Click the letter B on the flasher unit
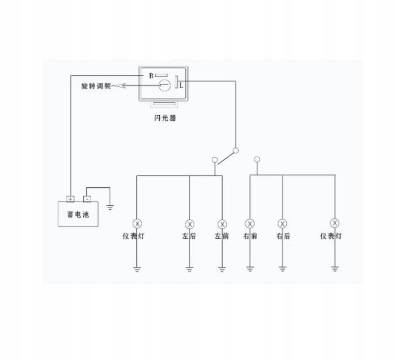point(151,76)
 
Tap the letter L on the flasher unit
point(181,85)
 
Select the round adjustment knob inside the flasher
point(164,85)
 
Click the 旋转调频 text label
point(95,85)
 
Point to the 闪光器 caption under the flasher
point(164,118)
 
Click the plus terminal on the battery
point(71,198)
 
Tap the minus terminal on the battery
point(87,198)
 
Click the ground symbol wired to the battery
point(110,207)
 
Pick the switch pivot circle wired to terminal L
point(235,151)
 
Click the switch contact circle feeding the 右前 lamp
point(257,159)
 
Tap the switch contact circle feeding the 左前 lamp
point(215,159)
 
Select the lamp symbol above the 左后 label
point(189,224)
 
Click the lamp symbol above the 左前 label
point(222,224)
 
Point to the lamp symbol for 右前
point(250,224)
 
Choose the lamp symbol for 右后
point(283,224)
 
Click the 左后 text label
point(189,236)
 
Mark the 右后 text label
point(283,236)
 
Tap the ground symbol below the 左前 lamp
point(222,270)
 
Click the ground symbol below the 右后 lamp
point(283,270)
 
